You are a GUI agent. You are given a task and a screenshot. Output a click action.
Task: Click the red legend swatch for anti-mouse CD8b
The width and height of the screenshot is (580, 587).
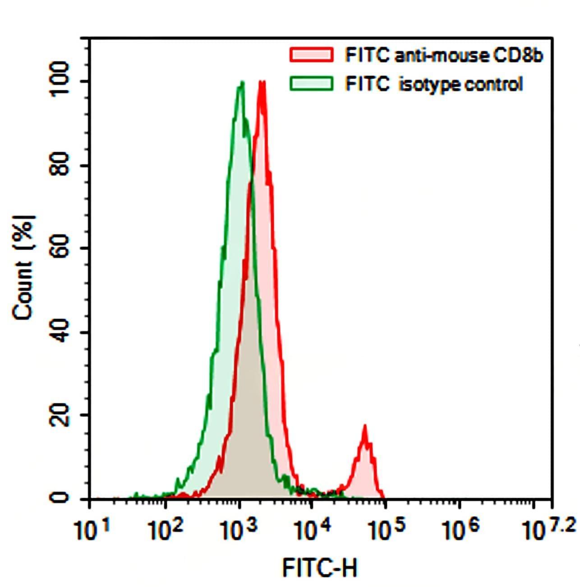(x=312, y=55)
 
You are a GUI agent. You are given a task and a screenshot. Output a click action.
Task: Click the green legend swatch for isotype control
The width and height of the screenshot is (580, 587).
(x=312, y=83)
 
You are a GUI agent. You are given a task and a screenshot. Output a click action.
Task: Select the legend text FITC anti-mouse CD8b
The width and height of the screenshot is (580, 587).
(x=443, y=55)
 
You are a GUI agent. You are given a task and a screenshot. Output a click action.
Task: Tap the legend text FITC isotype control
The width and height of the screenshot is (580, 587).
(x=433, y=84)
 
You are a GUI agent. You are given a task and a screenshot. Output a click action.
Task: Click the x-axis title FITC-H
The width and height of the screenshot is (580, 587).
(x=320, y=568)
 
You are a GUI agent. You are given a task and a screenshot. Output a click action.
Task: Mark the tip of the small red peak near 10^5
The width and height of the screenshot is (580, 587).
(x=365, y=425)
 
